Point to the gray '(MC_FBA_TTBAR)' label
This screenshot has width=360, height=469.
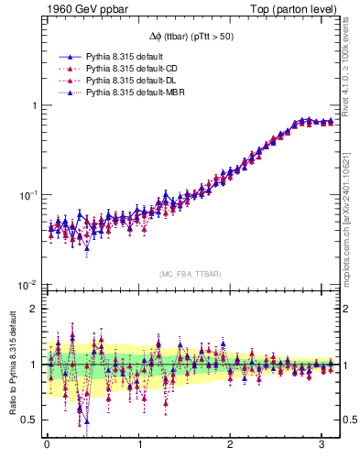[191, 274]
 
